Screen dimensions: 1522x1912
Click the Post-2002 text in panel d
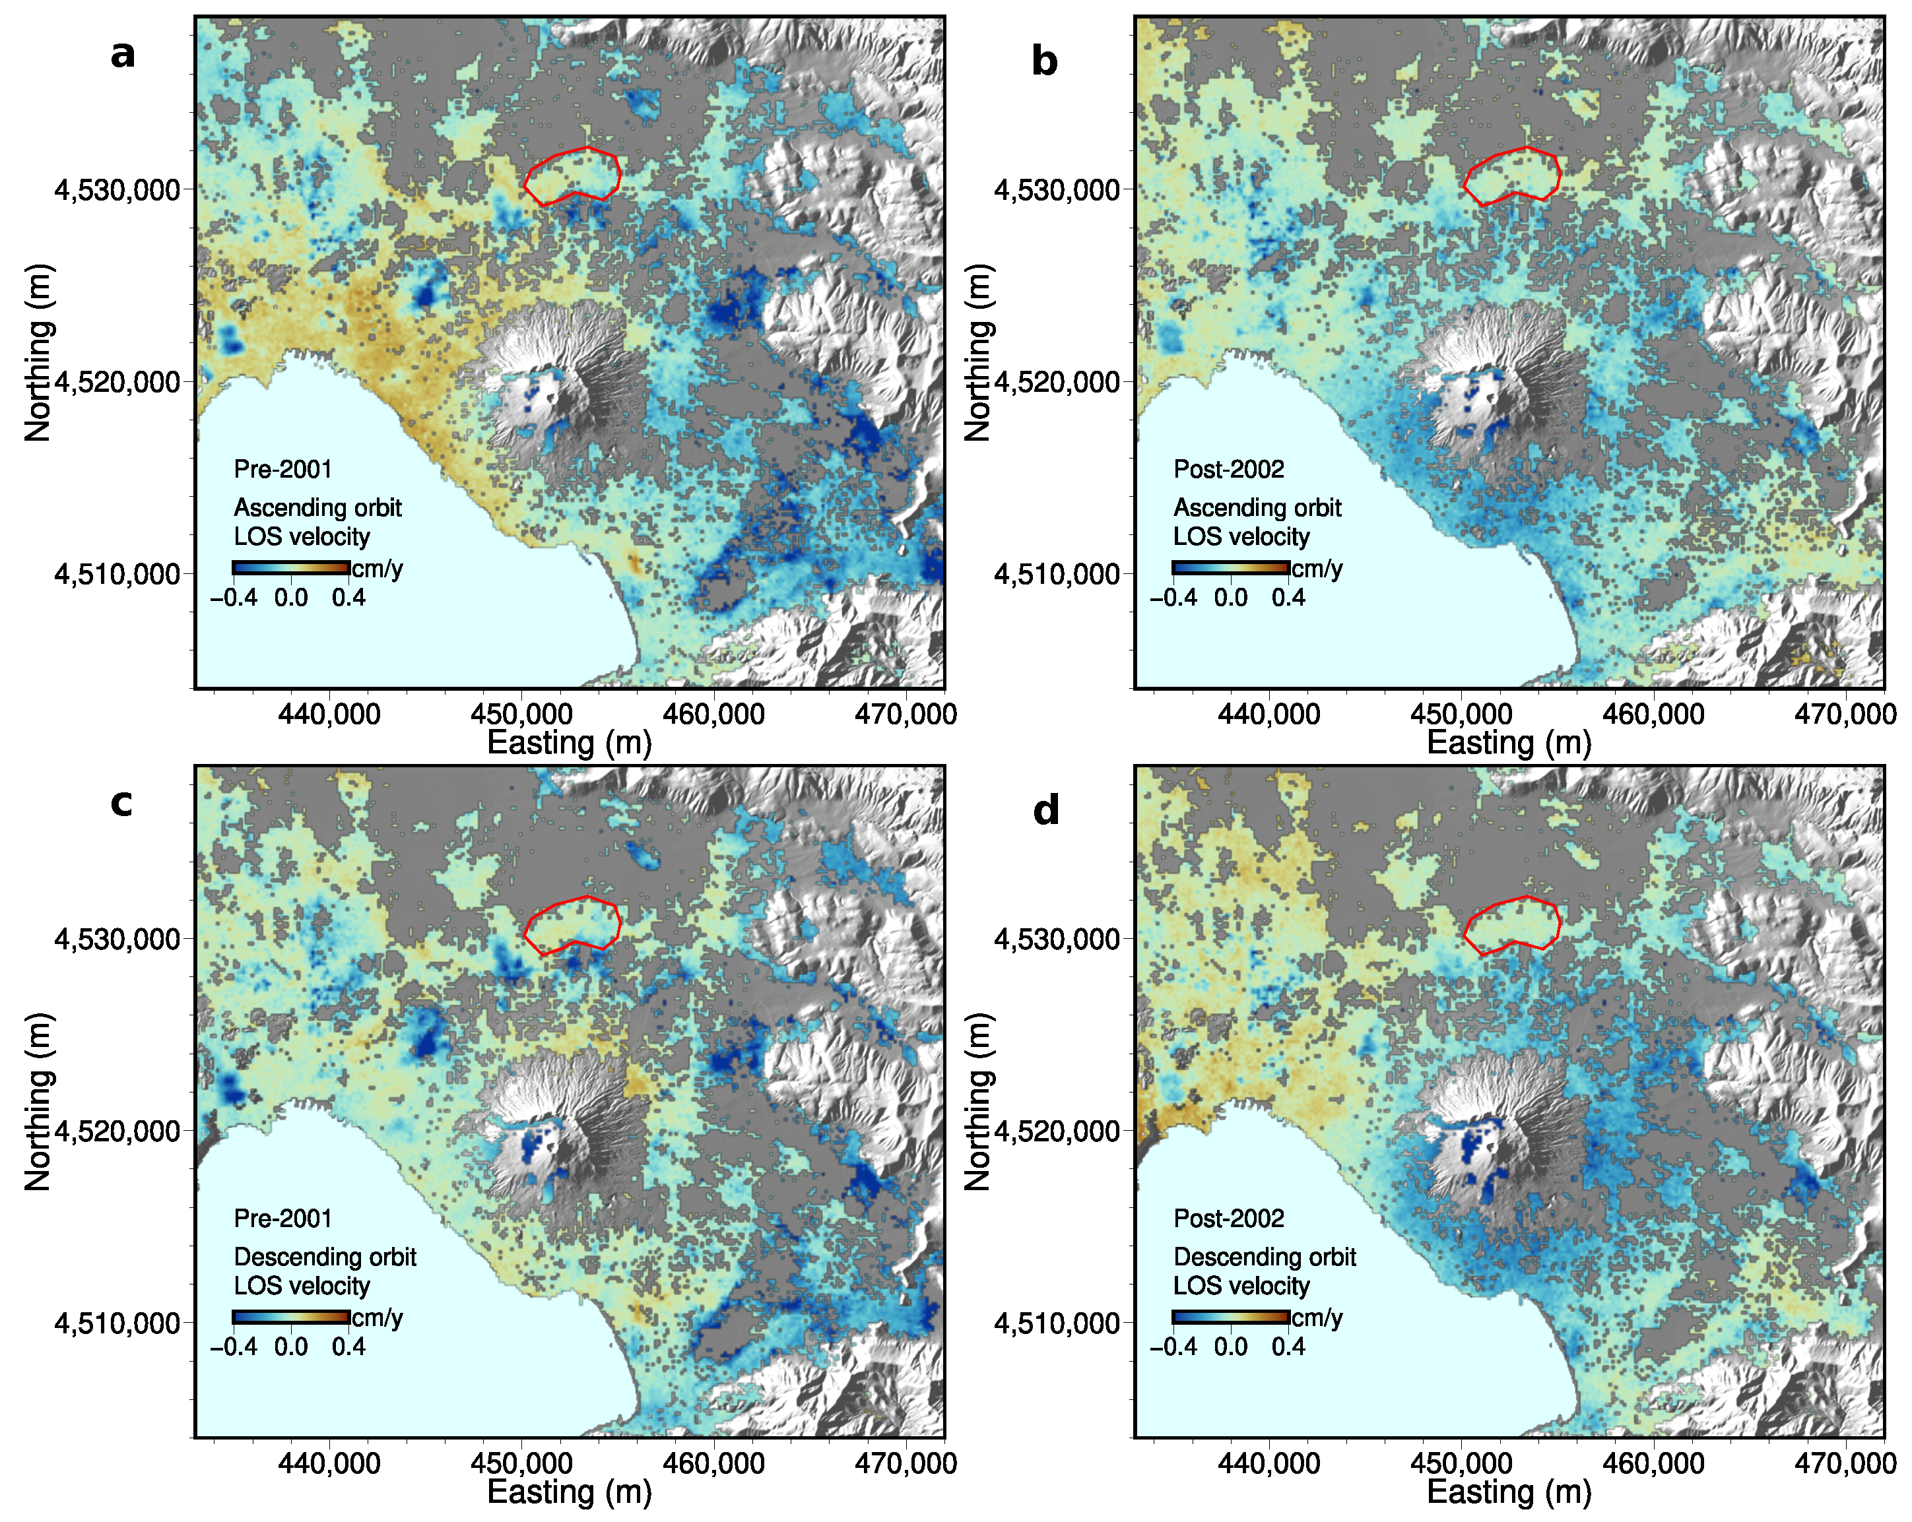pos(1228,1218)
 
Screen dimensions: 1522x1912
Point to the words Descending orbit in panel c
pos(325,1257)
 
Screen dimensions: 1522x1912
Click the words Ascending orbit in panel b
pos(1257,508)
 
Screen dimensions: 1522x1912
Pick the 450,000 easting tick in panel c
pos(521,1463)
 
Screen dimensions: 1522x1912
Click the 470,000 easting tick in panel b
pos(1845,714)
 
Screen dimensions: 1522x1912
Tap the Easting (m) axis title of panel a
pos(570,743)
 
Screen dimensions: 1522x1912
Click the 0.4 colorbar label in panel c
pos(348,1347)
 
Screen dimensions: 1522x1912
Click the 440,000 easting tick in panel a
pos(329,714)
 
